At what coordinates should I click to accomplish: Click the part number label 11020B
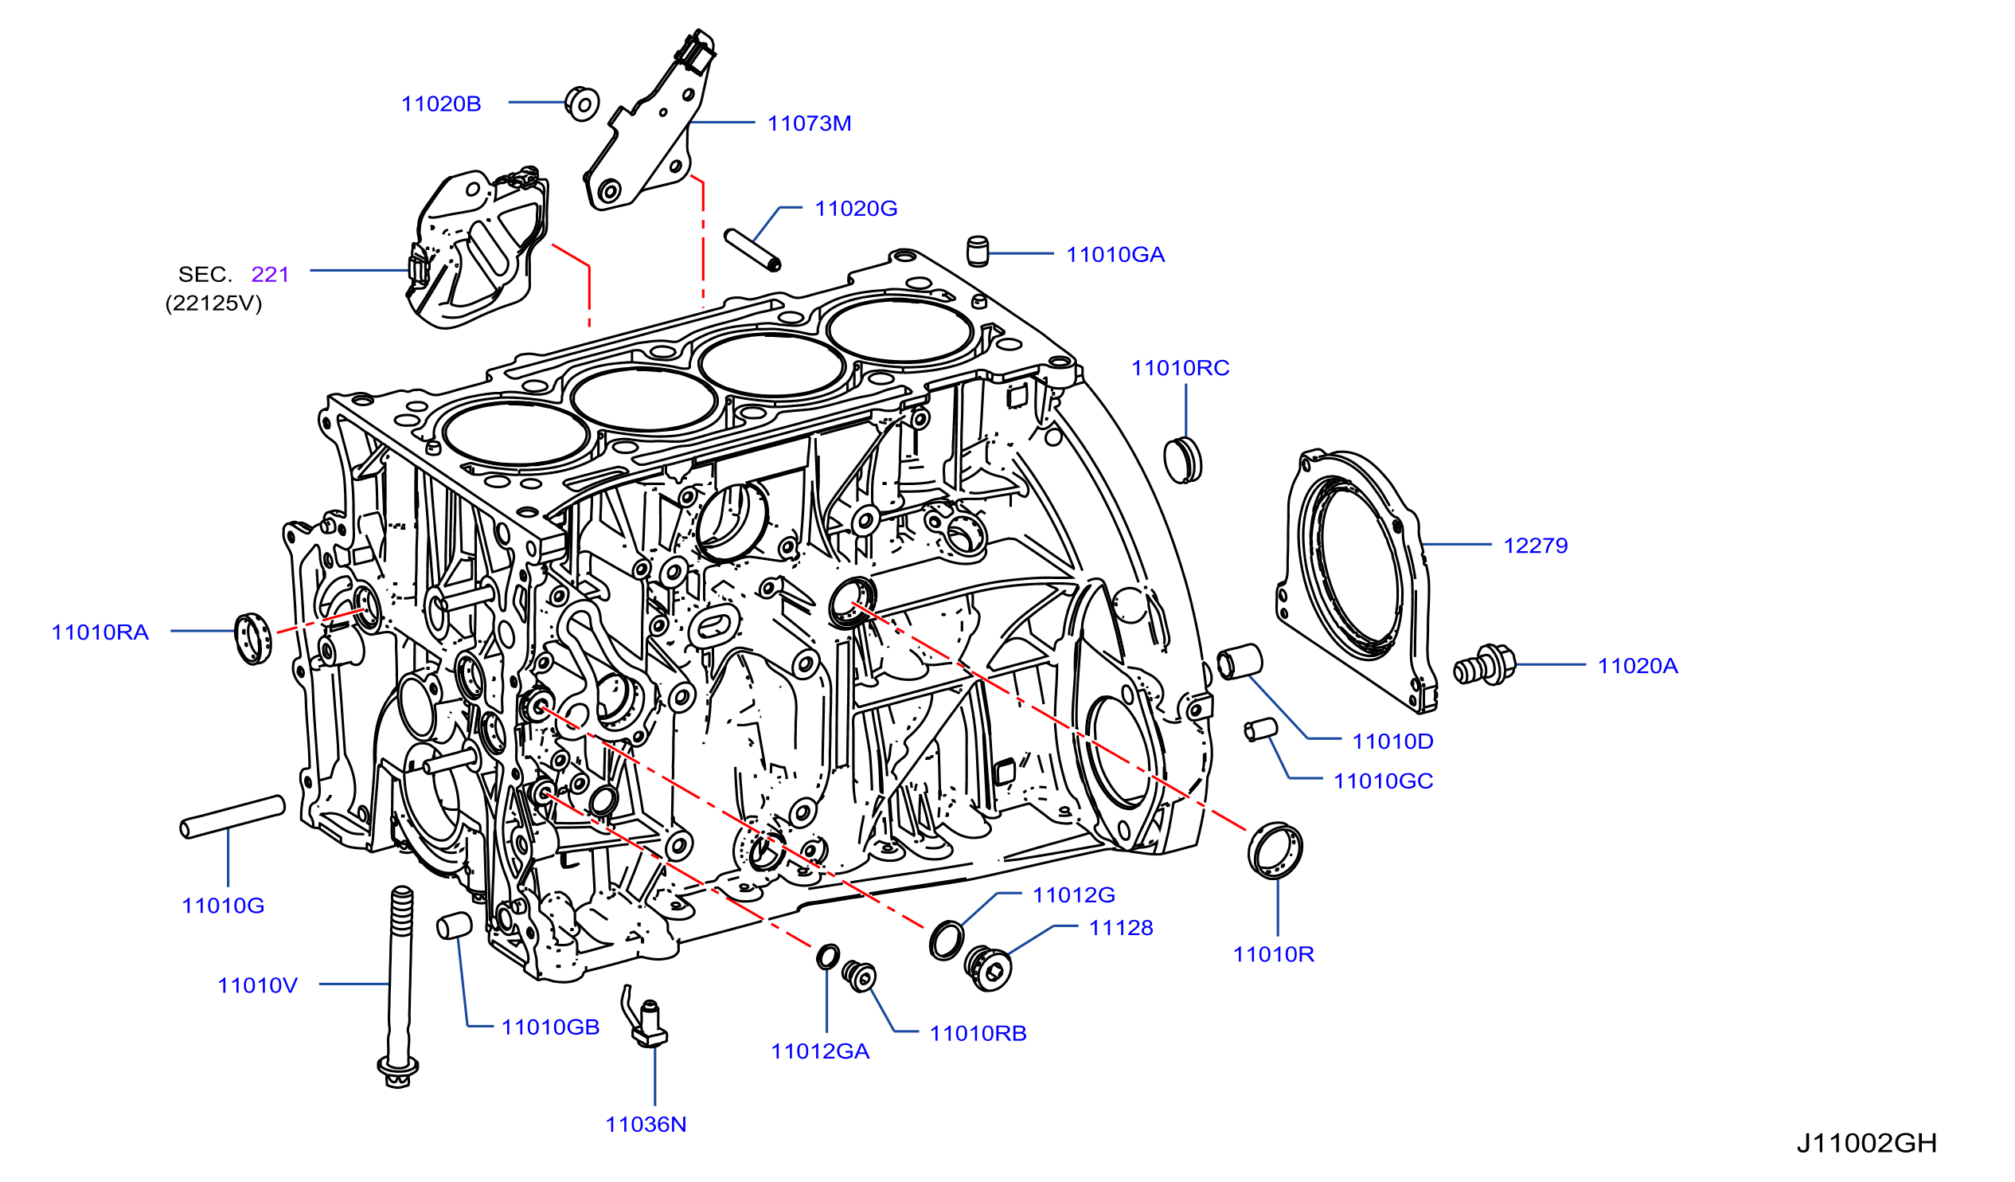pos(440,104)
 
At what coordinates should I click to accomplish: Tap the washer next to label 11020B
pos(582,104)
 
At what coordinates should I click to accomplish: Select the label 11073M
pos(809,123)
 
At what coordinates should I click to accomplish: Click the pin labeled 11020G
pos(752,250)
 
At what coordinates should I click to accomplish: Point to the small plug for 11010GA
pos(977,251)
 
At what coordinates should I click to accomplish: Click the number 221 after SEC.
pos(269,274)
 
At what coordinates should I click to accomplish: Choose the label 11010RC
pos(1180,368)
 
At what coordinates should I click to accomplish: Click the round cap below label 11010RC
pos(1182,460)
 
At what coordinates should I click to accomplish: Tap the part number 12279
pos(1535,546)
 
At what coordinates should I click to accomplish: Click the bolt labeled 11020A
pos(1484,665)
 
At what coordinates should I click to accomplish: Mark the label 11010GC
pos(1384,781)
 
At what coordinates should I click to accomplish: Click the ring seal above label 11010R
pos(1275,850)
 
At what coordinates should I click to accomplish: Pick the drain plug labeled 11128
pos(988,968)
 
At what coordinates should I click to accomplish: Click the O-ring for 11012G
pos(947,941)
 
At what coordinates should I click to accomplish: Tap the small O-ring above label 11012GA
pos(828,956)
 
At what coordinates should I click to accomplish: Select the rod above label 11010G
pos(232,816)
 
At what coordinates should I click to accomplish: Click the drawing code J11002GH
pos(1866,1144)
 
